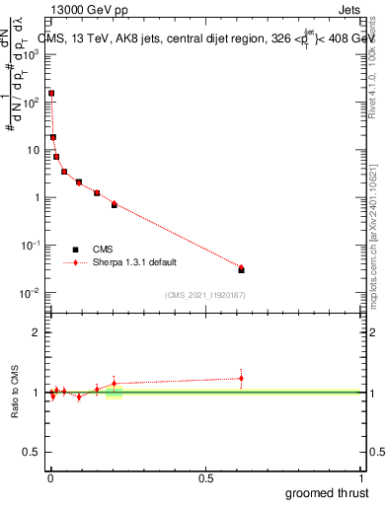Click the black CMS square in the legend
(x=76, y=250)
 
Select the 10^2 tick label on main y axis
(x=33, y=102)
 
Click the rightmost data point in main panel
(x=241, y=268)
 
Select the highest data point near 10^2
(x=51, y=94)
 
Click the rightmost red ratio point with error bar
(x=241, y=378)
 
